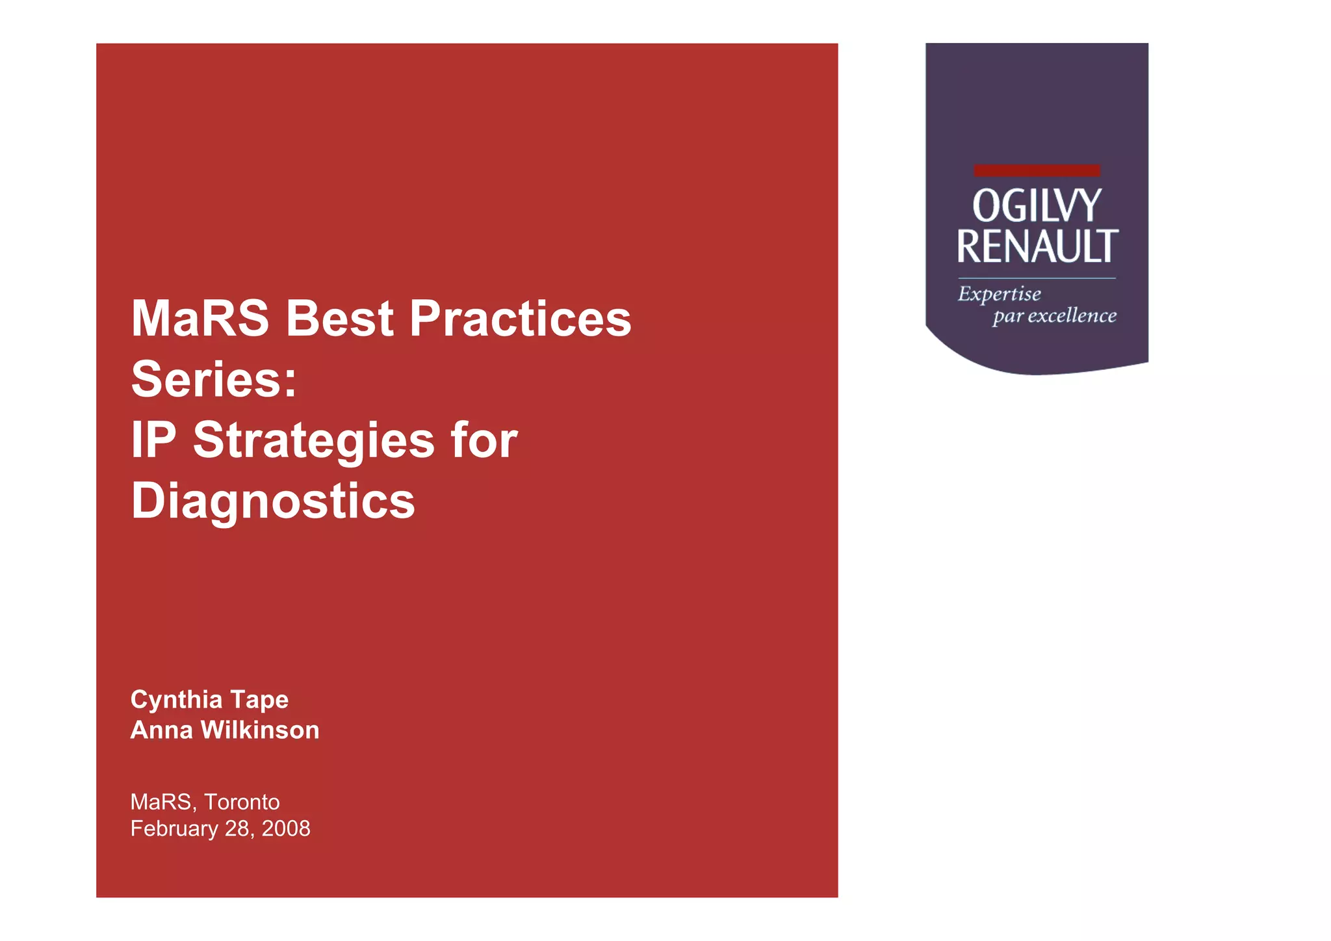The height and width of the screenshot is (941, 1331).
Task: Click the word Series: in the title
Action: coord(214,379)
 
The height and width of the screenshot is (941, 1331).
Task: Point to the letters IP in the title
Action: coord(154,440)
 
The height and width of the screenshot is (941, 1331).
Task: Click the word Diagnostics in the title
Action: coord(273,501)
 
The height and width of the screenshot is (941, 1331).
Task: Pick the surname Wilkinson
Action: coord(260,730)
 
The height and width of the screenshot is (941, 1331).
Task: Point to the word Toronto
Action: coord(242,802)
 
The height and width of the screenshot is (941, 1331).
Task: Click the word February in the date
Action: coord(174,829)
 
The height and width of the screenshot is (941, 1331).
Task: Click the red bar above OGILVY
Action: coord(1037,170)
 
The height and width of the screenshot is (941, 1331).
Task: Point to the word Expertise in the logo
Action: coord(999,295)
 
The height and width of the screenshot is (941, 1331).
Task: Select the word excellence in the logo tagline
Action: coord(1072,316)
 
